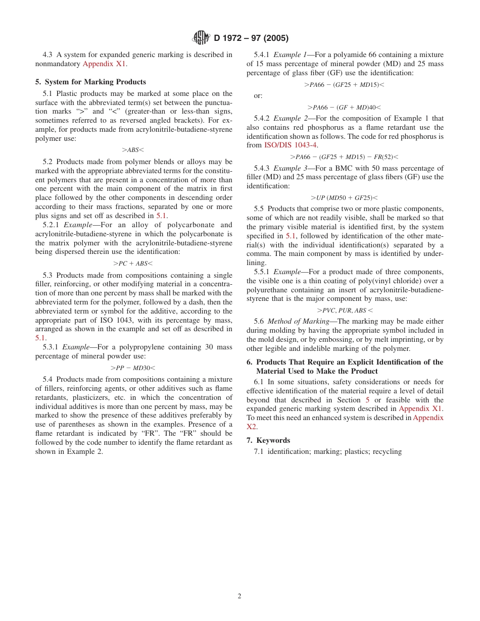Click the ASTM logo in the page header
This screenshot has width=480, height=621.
pos(202,38)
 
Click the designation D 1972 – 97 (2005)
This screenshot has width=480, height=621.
pos(251,38)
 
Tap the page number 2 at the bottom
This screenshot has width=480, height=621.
pos(239,596)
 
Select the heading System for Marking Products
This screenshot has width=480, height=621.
pos(90,82)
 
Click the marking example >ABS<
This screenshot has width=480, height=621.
pos(133,149)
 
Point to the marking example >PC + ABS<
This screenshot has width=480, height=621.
pos(133,263)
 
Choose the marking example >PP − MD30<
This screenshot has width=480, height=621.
pos(133,368)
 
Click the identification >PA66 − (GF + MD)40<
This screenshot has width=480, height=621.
pos(344,107)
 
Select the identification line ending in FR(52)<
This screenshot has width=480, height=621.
pos(344,157)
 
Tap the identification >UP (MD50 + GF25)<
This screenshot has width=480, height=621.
pos(344,197)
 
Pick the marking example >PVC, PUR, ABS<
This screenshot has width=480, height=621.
pos(345,310)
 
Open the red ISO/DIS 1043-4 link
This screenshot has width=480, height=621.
pos(291,145)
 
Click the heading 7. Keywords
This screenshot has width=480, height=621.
pos(268,440)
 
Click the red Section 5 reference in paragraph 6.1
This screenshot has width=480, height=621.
pos(367,399)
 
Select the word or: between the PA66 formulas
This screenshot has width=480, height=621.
pos(258,95)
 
